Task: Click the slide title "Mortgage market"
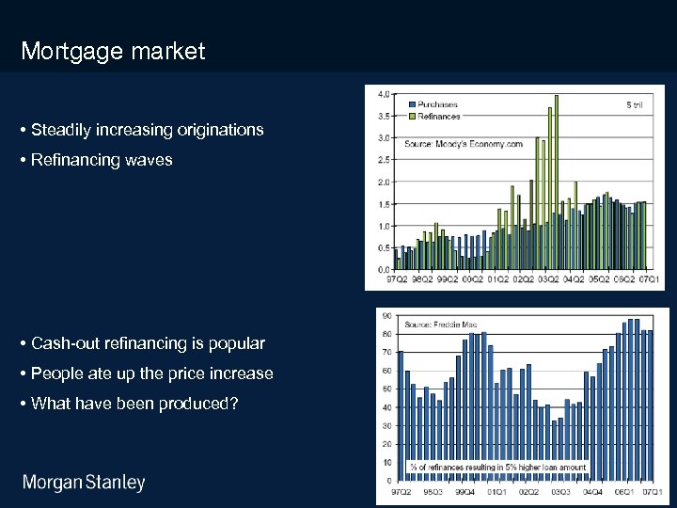tap(113, 51)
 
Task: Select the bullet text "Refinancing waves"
tap(102, 160)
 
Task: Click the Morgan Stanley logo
tap(84, 484)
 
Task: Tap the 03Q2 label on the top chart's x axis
tap(549, 279)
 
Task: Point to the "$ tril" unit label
tap(634, 104)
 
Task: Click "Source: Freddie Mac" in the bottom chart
tap(441, 325)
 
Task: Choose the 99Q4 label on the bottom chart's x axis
tap(464, 491)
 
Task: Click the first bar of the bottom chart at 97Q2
tap(401, 415)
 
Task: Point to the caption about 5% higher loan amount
tap(497, 467)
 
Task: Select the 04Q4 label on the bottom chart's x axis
tap(591, 491)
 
